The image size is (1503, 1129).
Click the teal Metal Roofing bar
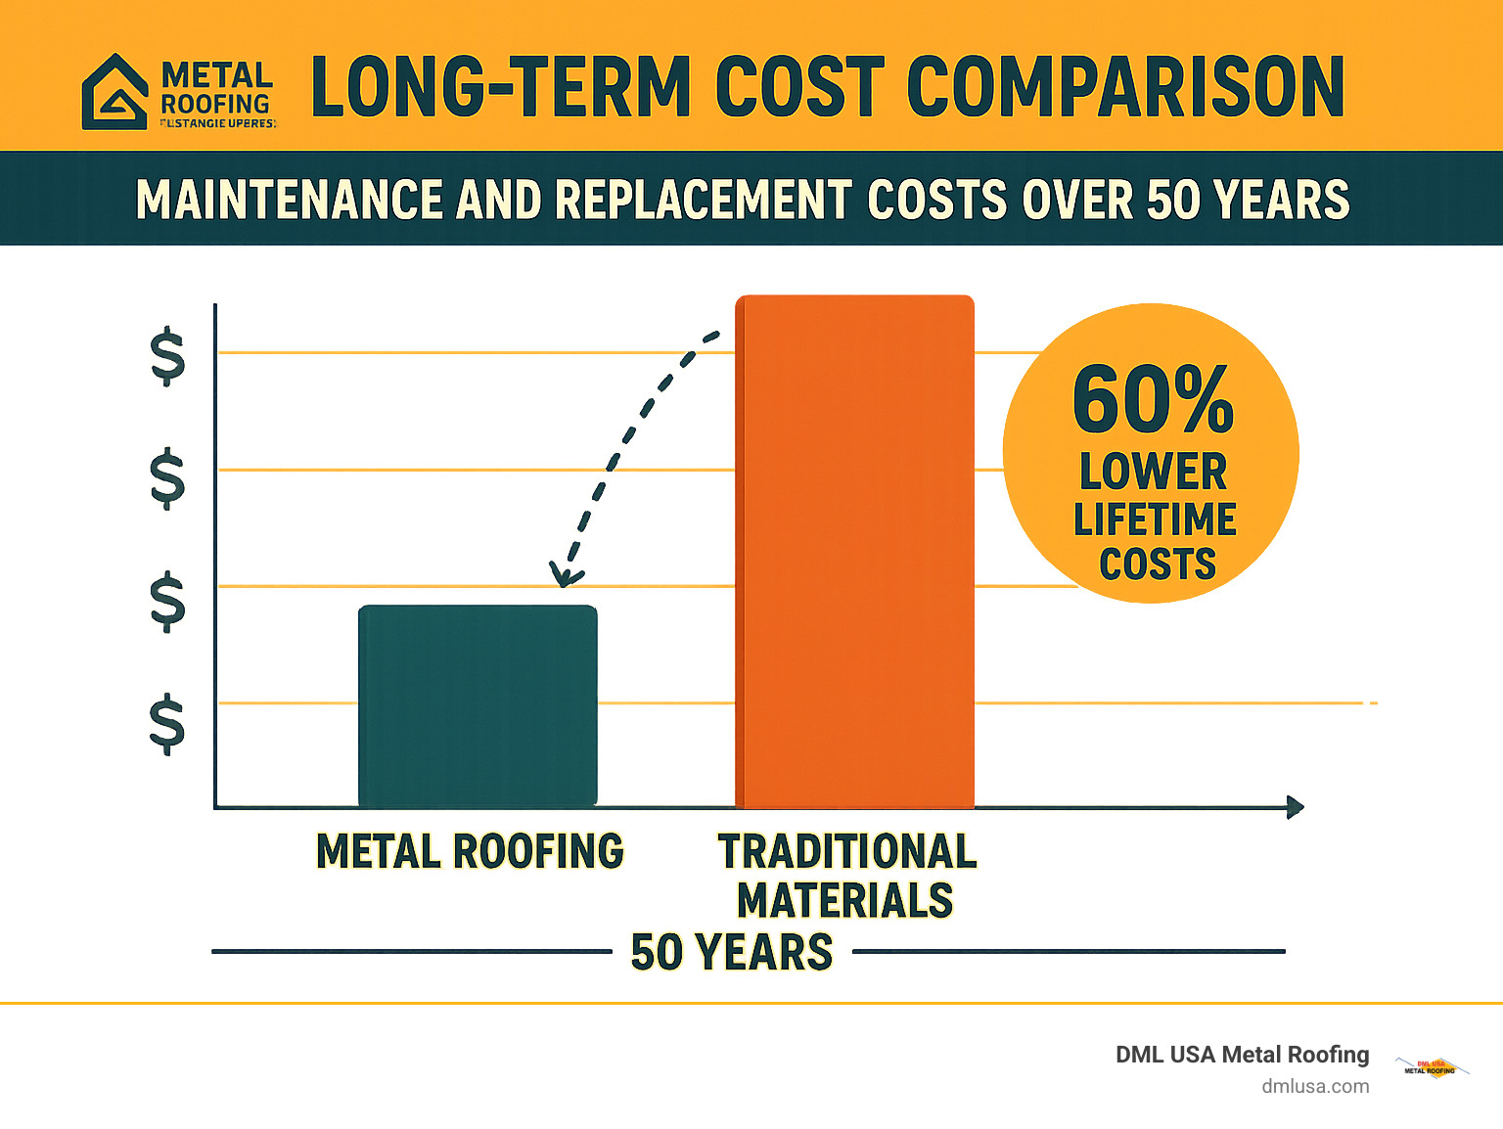(478, 705)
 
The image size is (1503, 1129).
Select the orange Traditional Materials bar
(854, 551)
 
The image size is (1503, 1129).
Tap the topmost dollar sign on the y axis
(167, 356)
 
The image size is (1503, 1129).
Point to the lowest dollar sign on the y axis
(167, 723)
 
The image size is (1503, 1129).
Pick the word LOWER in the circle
(1153, 472)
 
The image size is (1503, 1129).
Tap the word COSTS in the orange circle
(1158, 564)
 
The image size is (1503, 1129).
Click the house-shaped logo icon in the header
(115, 92)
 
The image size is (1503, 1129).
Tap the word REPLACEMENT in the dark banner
(704, 200)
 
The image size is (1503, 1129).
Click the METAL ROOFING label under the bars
(470, 851)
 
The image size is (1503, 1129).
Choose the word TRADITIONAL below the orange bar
(847, 851)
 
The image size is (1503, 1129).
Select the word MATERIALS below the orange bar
(845, 900)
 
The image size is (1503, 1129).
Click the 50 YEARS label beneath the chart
(732, 952)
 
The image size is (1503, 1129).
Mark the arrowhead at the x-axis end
(1296, 807)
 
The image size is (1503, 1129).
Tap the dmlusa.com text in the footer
(1315, 1086)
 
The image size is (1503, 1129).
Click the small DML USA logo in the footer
(1431, 1067)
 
